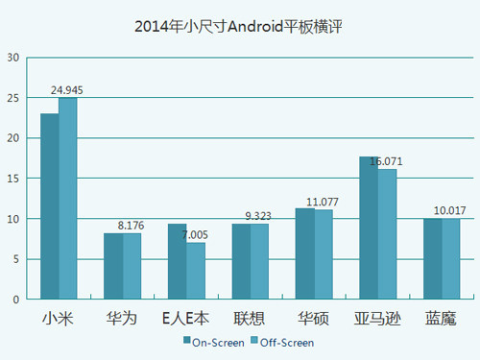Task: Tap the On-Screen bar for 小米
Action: [50, 205]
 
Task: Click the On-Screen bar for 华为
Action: [113, 266]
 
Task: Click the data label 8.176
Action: [132, 226]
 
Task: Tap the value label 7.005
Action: [196, 235]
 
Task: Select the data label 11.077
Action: [324, 202]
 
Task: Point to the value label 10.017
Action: [450, 210]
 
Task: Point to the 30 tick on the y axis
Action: [13, 58]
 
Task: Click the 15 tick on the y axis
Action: [13, 179]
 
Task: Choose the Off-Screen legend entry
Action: [280, 341]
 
